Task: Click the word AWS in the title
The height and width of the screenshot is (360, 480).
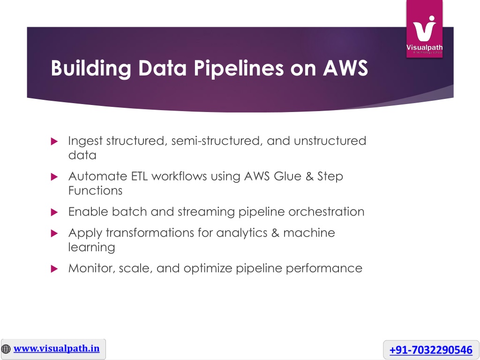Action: pos(345,67)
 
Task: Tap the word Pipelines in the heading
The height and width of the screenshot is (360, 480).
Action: pos(239,68)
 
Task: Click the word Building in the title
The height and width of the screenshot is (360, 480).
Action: pos(91,68)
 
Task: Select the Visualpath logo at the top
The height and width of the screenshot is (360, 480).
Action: pos(424,29)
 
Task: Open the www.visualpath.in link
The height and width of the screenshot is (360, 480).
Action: pos(57,349)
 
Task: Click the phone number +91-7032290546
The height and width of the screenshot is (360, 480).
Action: pos(431,350)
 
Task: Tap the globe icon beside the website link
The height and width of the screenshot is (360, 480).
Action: pos(6,349)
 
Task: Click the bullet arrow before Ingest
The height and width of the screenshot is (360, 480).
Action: pos(54,141)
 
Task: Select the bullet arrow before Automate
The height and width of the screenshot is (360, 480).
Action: pos(54,177)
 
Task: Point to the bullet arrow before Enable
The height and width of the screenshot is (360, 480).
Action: pos(54,212)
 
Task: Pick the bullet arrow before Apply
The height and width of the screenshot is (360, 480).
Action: pos(54,233)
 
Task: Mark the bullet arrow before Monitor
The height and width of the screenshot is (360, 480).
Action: pos(54,269)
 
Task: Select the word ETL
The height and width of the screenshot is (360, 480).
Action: pos(139,176)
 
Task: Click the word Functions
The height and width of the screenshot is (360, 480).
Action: pos(95,191)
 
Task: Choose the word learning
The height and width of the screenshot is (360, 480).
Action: pos(91,247)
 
